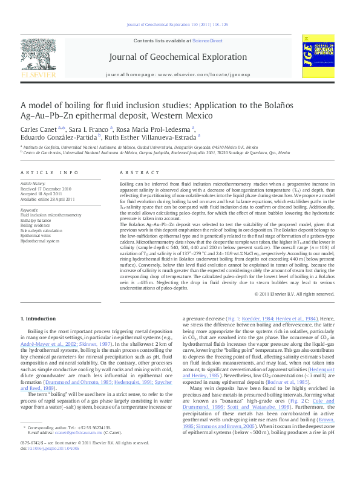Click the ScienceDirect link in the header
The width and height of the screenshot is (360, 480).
click(x=207, y=40)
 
